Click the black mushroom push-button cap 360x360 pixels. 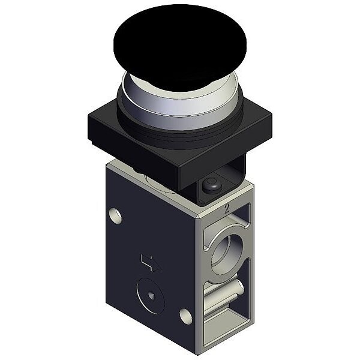[x=180, y=46]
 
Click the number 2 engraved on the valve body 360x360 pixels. [x=227, y=209]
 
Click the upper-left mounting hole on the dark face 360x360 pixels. [x=115, y=216]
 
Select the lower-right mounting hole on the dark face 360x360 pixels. [x=185, y=316]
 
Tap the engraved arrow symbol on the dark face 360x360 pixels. [x=151, y=263]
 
